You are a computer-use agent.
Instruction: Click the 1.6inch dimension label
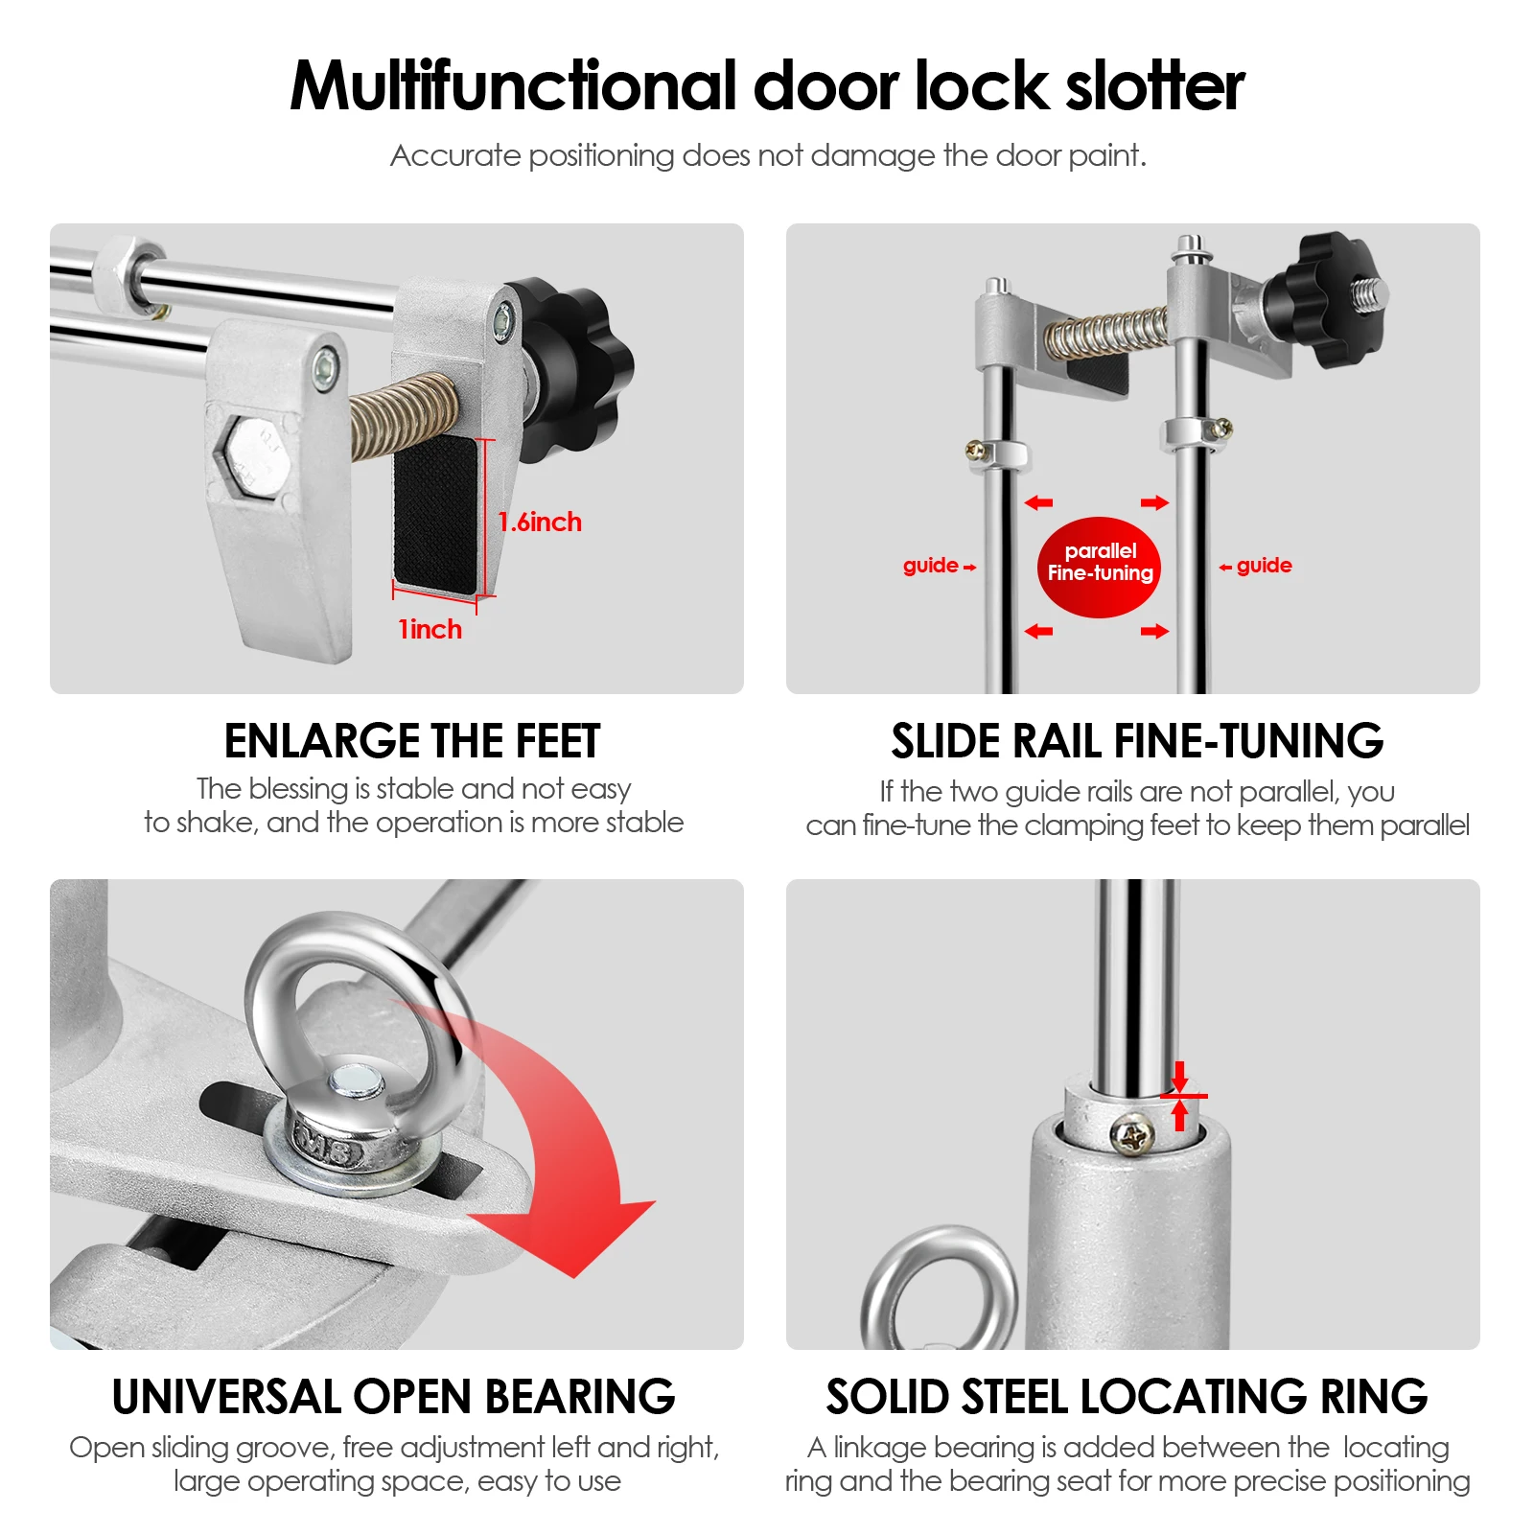(x=540, y=523)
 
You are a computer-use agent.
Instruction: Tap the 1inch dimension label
(x=430, y=630)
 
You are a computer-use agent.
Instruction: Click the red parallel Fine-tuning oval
(x=1099, y=567)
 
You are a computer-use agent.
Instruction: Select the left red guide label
(x=931, y=566)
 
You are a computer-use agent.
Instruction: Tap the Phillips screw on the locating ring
(x=1134, y=1137)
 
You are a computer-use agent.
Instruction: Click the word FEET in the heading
(x=557, y=741)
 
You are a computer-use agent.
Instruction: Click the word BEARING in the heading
(x=579, y=1397)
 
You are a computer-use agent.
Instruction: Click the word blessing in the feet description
(x=298, y=789)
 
